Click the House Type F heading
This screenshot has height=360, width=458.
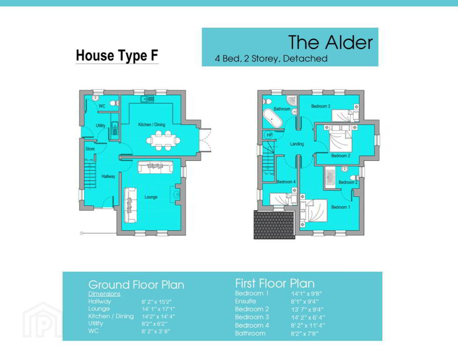(117, 56)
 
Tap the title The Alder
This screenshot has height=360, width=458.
(330, 42)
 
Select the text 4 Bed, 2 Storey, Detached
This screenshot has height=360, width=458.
(271, 59)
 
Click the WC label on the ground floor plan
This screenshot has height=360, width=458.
(102, 106)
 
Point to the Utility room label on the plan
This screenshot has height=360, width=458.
(101, 126)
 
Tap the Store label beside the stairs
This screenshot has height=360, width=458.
(90, 149)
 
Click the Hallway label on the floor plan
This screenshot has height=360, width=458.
(108, 176)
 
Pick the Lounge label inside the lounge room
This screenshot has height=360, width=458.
(151, 197)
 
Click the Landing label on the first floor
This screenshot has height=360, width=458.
(297, 144)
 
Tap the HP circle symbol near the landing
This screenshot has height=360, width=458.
(269, 135)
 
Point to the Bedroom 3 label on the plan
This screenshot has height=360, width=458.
(321, 106)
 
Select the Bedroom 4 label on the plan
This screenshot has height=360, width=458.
(286, 182)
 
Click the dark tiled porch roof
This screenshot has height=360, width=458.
(274, 225)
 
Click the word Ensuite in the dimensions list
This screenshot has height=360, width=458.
(245, 301)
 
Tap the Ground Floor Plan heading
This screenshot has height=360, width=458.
(136, 285)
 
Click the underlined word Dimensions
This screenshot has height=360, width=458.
(104, 294)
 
